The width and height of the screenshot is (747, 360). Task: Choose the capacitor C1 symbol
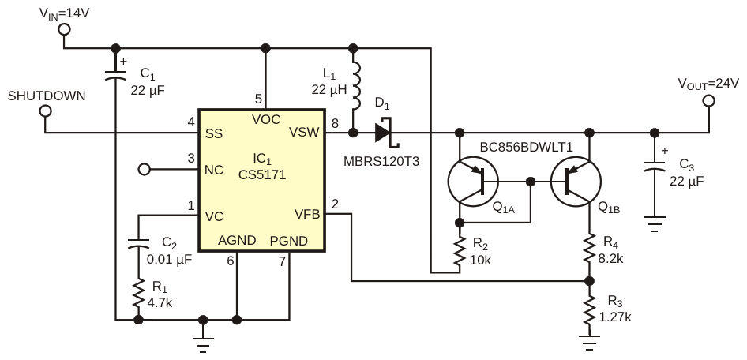[115, 75]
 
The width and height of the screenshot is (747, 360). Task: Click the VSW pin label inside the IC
[305, 132]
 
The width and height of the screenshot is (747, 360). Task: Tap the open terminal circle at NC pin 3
[144, 168]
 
